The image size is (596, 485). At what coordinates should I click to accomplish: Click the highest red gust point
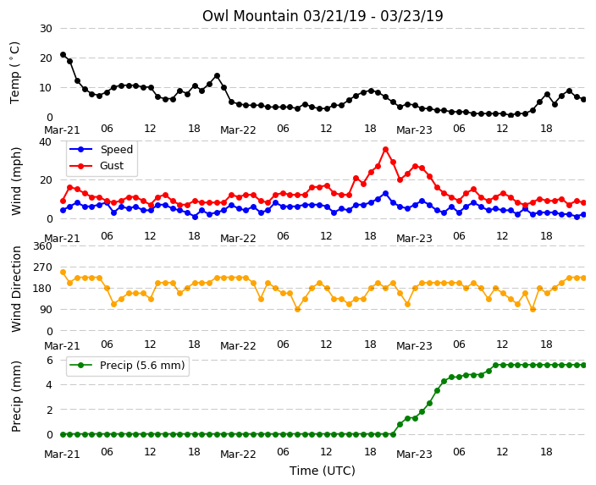tap(385, 150)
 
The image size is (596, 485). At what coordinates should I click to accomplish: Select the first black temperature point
tap(63, 55)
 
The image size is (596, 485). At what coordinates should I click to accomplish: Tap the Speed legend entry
tap(101, 149)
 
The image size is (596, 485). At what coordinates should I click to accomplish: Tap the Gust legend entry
tap(97, 166)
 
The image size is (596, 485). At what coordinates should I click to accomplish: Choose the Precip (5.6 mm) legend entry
tap(127, 366)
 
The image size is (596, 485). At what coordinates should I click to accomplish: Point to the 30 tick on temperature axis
tap(46, 29)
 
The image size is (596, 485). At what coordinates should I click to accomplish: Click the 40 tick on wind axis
tap(46, 141)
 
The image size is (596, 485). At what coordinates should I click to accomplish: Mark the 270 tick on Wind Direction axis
tap(42, 267)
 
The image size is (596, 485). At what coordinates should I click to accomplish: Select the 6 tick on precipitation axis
tap(49, 360)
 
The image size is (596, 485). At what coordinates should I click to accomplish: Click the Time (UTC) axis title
tap(323, 471)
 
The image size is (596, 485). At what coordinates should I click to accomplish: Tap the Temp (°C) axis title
tap(15, 73)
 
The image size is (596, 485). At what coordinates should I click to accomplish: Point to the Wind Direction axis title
tap(16, 289)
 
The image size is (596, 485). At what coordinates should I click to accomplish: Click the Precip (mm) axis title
tap(16, 396)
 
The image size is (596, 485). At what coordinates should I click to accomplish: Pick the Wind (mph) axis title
tap(16, 181)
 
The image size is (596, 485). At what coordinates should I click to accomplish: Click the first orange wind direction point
tap(63, 273)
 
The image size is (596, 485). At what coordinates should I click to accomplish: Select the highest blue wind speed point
tap(385, 194)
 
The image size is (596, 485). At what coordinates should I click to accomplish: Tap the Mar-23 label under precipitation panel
tap(414, 455)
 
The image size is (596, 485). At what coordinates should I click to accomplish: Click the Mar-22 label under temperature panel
tap(239, 130)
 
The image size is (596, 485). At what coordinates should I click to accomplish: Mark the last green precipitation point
tap(584, 365)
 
